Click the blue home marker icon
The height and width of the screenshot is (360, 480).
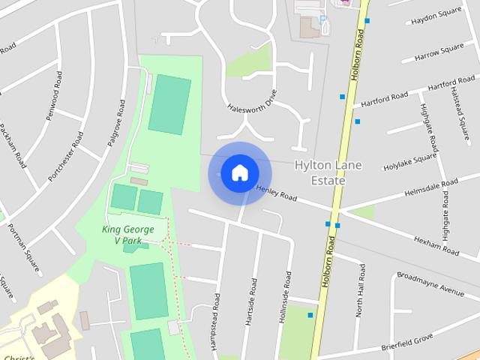pos(239,172)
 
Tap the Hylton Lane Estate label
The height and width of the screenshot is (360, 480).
pos(319,172)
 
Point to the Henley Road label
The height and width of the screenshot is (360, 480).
pos(277,193)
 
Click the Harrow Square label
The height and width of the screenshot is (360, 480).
pos(439,52)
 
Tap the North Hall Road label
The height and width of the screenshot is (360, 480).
pos(361,289)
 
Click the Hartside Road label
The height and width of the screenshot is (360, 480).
pos(251,302)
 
